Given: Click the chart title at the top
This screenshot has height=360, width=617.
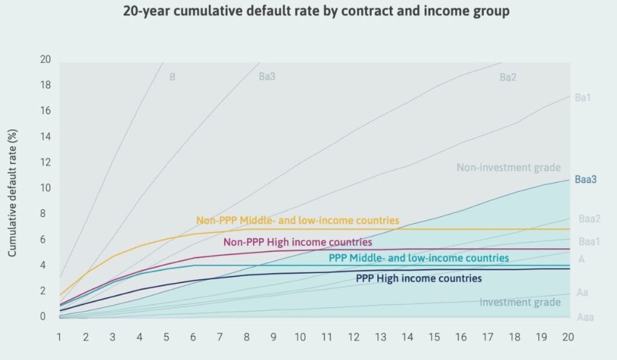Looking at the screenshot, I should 308,11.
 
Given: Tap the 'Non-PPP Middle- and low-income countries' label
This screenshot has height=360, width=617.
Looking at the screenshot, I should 298,220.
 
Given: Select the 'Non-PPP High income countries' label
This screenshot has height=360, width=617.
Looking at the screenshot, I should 298,242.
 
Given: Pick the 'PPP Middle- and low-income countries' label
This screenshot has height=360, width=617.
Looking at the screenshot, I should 419,258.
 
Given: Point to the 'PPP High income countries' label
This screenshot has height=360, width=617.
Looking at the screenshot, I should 419,279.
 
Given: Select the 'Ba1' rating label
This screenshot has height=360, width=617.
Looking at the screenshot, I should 582,96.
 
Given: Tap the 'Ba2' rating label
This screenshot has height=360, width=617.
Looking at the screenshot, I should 508,77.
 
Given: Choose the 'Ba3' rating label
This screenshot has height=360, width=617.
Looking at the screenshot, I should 268,77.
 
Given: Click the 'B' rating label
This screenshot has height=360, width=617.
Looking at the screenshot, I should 172,77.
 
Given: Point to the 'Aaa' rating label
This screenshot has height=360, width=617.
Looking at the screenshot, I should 585,317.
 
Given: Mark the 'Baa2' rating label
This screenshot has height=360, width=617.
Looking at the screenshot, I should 590,219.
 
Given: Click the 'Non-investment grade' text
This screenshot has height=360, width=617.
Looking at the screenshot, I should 509,168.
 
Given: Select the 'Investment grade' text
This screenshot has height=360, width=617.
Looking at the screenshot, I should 520,302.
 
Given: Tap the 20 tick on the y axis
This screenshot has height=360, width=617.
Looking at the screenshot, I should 45,60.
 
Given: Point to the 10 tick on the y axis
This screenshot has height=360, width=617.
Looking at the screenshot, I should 45,188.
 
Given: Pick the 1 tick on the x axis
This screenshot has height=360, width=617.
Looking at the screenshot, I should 60,336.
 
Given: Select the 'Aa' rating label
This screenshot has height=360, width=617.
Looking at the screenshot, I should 582,293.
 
